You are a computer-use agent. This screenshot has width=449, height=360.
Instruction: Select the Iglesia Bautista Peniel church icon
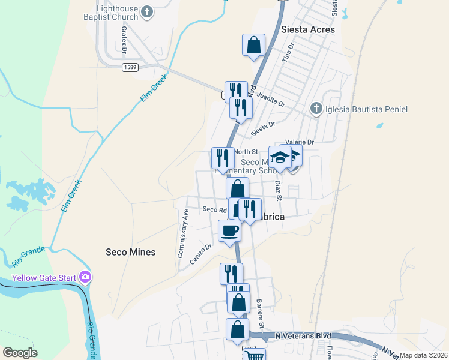click(316, 109)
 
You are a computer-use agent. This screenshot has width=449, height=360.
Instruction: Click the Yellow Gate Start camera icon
click(86, 277)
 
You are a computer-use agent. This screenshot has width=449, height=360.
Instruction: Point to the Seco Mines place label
click(130, 252)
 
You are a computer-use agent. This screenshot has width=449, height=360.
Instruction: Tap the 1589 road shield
click(131, 67)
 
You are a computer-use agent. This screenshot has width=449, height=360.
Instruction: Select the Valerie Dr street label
click(300, 142)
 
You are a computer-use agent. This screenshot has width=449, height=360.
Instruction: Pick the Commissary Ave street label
click(183, 233)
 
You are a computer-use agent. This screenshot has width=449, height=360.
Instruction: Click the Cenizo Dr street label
click(201, 250)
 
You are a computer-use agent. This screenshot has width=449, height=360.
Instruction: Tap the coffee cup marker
click(229, 230)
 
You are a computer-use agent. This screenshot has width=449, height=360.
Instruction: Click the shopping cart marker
click(255, 355)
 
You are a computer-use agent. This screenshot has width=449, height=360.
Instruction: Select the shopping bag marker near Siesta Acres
click(253, 44)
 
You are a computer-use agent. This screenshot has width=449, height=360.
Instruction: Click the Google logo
click(20, 353)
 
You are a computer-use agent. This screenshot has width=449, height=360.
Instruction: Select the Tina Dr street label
click(289, 52)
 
